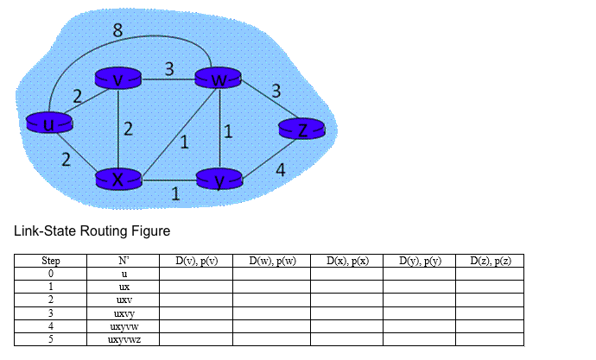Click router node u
pos(49,125)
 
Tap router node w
pos(219,79)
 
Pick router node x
pos(118,180)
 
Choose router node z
pos(301,129)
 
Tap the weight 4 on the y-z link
pos(280,170)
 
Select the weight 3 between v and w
pos(171,69)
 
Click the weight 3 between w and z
pos(276,90)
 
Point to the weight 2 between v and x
pos(128,130)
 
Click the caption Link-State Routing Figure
pos(92,231)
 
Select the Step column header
pos(50,261)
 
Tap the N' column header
pos(123,261)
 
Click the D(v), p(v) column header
pos(195,261)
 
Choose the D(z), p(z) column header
pos(490,261)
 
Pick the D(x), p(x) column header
pos(346,261)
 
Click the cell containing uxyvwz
pos(123,339)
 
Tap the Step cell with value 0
pos(50,274)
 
